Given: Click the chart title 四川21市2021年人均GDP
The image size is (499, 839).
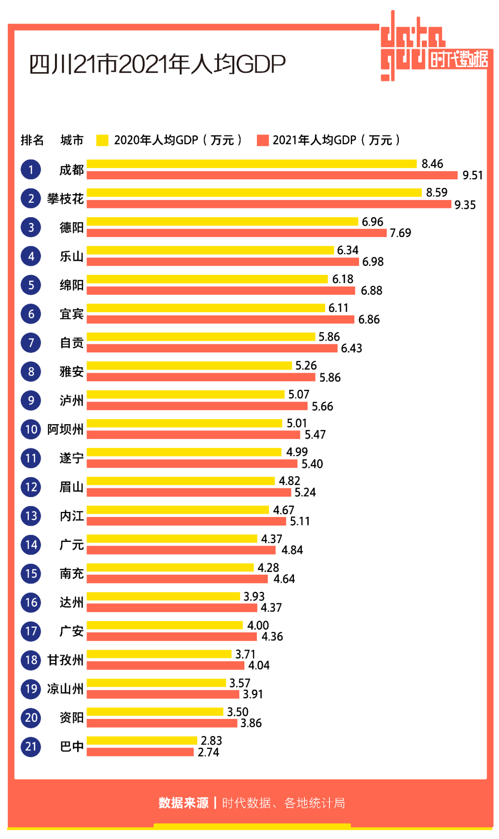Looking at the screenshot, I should [157, 64].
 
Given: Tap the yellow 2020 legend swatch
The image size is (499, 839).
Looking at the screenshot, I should [102, 140].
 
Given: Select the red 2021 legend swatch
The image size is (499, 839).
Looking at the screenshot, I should [263, 140].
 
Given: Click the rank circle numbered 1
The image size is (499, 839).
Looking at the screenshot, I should [31, 170].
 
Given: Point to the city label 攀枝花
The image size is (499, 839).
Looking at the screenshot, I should [65, 199].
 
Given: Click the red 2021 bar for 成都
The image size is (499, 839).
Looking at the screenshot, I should [272, 175].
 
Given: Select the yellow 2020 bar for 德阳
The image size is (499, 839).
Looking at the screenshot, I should [222, 221].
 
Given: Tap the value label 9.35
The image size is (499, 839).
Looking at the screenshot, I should [465, 205].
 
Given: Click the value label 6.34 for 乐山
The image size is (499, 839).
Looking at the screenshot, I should [347, 250].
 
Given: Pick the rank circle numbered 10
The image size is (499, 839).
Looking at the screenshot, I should [31, 429].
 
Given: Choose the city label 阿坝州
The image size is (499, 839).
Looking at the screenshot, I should [65, 429].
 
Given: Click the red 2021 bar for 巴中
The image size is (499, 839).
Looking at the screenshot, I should [140, 752].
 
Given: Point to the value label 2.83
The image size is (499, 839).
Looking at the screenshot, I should [211, 741].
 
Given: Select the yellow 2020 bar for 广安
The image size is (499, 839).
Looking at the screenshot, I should [164, 625].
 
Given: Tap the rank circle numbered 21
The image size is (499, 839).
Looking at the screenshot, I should [31, 746].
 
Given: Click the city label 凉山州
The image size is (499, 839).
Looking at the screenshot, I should [65, 689].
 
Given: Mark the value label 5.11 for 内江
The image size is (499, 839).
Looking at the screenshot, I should [300, 521].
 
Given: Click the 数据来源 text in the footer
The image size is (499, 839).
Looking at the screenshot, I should [183, 803].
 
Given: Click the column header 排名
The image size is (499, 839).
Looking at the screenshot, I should [32, 140].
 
